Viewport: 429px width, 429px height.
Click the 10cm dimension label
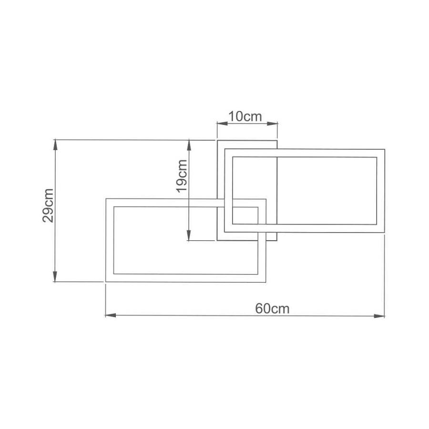246,116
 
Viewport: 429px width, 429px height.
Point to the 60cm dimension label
272,308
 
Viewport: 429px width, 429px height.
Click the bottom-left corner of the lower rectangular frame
106,282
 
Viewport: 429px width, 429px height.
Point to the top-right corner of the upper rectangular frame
384,150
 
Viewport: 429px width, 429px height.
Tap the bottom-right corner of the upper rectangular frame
384,233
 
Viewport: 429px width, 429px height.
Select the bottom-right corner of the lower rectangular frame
266,282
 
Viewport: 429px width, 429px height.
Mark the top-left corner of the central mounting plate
217,140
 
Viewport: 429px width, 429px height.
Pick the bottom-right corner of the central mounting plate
277,241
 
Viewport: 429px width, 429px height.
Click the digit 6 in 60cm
258,308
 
